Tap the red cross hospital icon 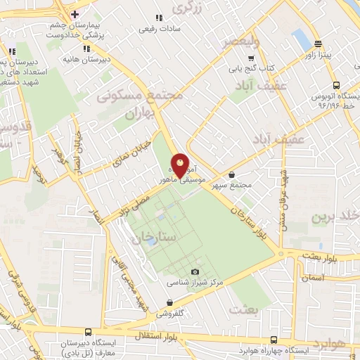75,14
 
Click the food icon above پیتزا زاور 318,43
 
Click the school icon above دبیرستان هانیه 86,49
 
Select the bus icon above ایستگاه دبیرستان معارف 88,332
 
